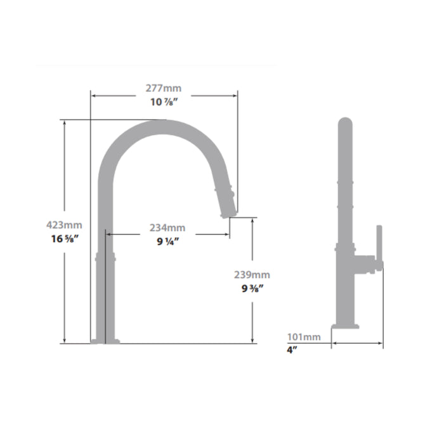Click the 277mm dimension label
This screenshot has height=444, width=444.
coord(164,88)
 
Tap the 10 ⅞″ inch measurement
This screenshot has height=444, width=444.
coord(164,102)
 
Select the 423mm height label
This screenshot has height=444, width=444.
coord(64,225)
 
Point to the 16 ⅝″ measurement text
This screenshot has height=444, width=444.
coord(65,238)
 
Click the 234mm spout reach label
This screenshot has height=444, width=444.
coord(167,228)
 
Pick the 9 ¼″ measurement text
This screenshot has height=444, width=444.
coord(168,242)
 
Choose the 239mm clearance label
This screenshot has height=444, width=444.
coord(252,275)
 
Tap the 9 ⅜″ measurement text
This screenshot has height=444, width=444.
coord(252,289)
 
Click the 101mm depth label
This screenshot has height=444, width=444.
coord(304,337)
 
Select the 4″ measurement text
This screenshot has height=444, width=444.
coord(292,350)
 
